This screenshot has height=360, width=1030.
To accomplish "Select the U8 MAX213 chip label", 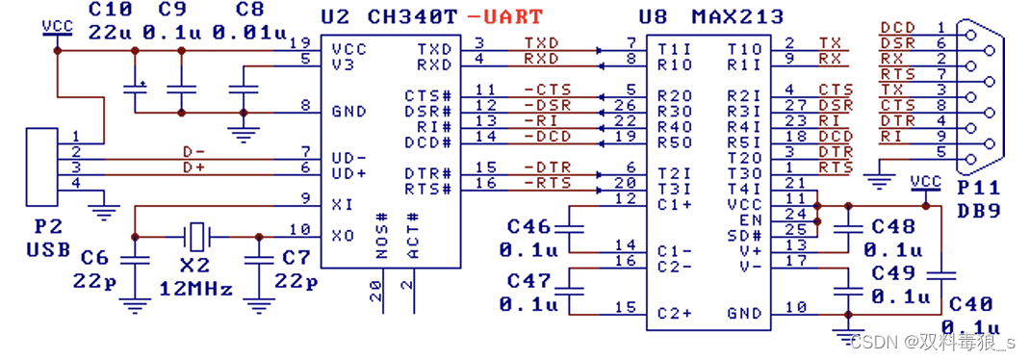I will (710, 16).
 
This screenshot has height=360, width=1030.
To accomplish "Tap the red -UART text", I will (505, 16).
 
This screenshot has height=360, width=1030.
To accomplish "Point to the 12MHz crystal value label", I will (196, 287).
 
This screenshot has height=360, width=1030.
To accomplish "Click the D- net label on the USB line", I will (194, 151).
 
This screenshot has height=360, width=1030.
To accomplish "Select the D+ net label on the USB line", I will (194, 167).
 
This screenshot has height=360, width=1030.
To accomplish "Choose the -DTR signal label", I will (545, 167).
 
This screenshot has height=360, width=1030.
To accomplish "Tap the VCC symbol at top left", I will (57, 27).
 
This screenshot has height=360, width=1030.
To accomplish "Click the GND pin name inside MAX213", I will (745, 312).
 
